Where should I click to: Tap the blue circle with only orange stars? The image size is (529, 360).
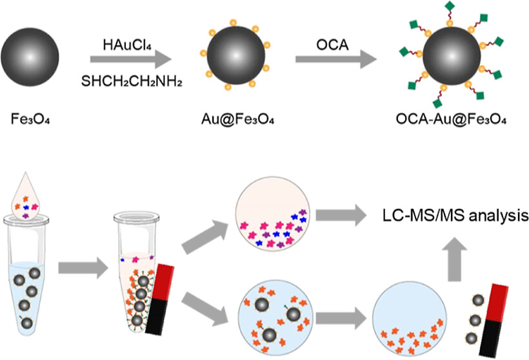pos(408,312)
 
